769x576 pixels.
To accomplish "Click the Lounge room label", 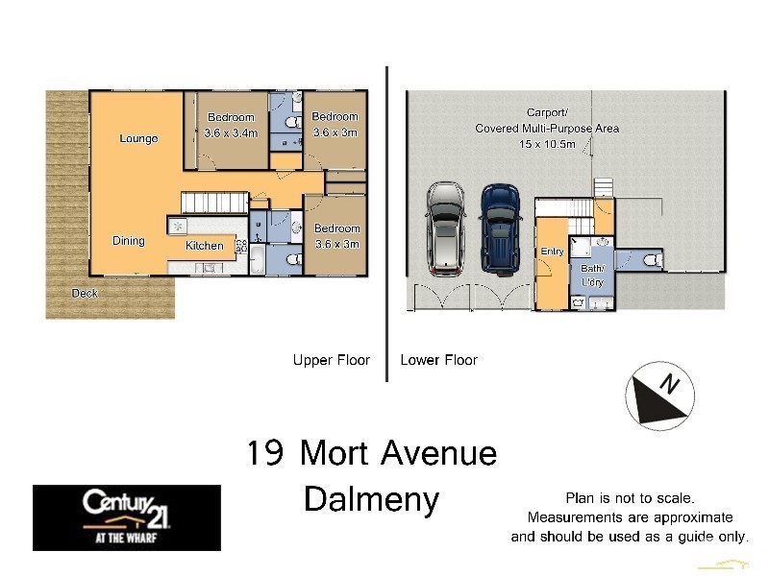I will click(x=138, y=138).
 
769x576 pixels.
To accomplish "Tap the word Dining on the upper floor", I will click(x=128, y=241).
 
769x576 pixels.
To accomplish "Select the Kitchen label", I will click(x=204, y=246).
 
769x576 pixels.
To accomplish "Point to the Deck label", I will click(x=85, y=294).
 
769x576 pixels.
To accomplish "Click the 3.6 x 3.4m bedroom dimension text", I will click(x=231, y=133).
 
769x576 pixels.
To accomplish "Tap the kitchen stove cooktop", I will click(x=178, y=226).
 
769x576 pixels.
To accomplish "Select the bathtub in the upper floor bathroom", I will click(x=258, y=260).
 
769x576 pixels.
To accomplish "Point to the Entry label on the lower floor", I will click(x=552, y=252).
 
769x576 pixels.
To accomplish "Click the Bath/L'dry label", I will click(x=592, y=276).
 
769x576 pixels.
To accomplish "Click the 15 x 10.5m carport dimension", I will click(x=547, y=144).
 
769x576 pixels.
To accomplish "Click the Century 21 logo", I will click(x=126, y=516).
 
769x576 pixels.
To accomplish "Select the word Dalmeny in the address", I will click(x=371, y=499).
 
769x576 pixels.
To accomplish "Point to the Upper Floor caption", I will click(x=331, y=360).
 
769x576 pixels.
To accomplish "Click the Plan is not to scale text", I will click(x=629, y=497).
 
